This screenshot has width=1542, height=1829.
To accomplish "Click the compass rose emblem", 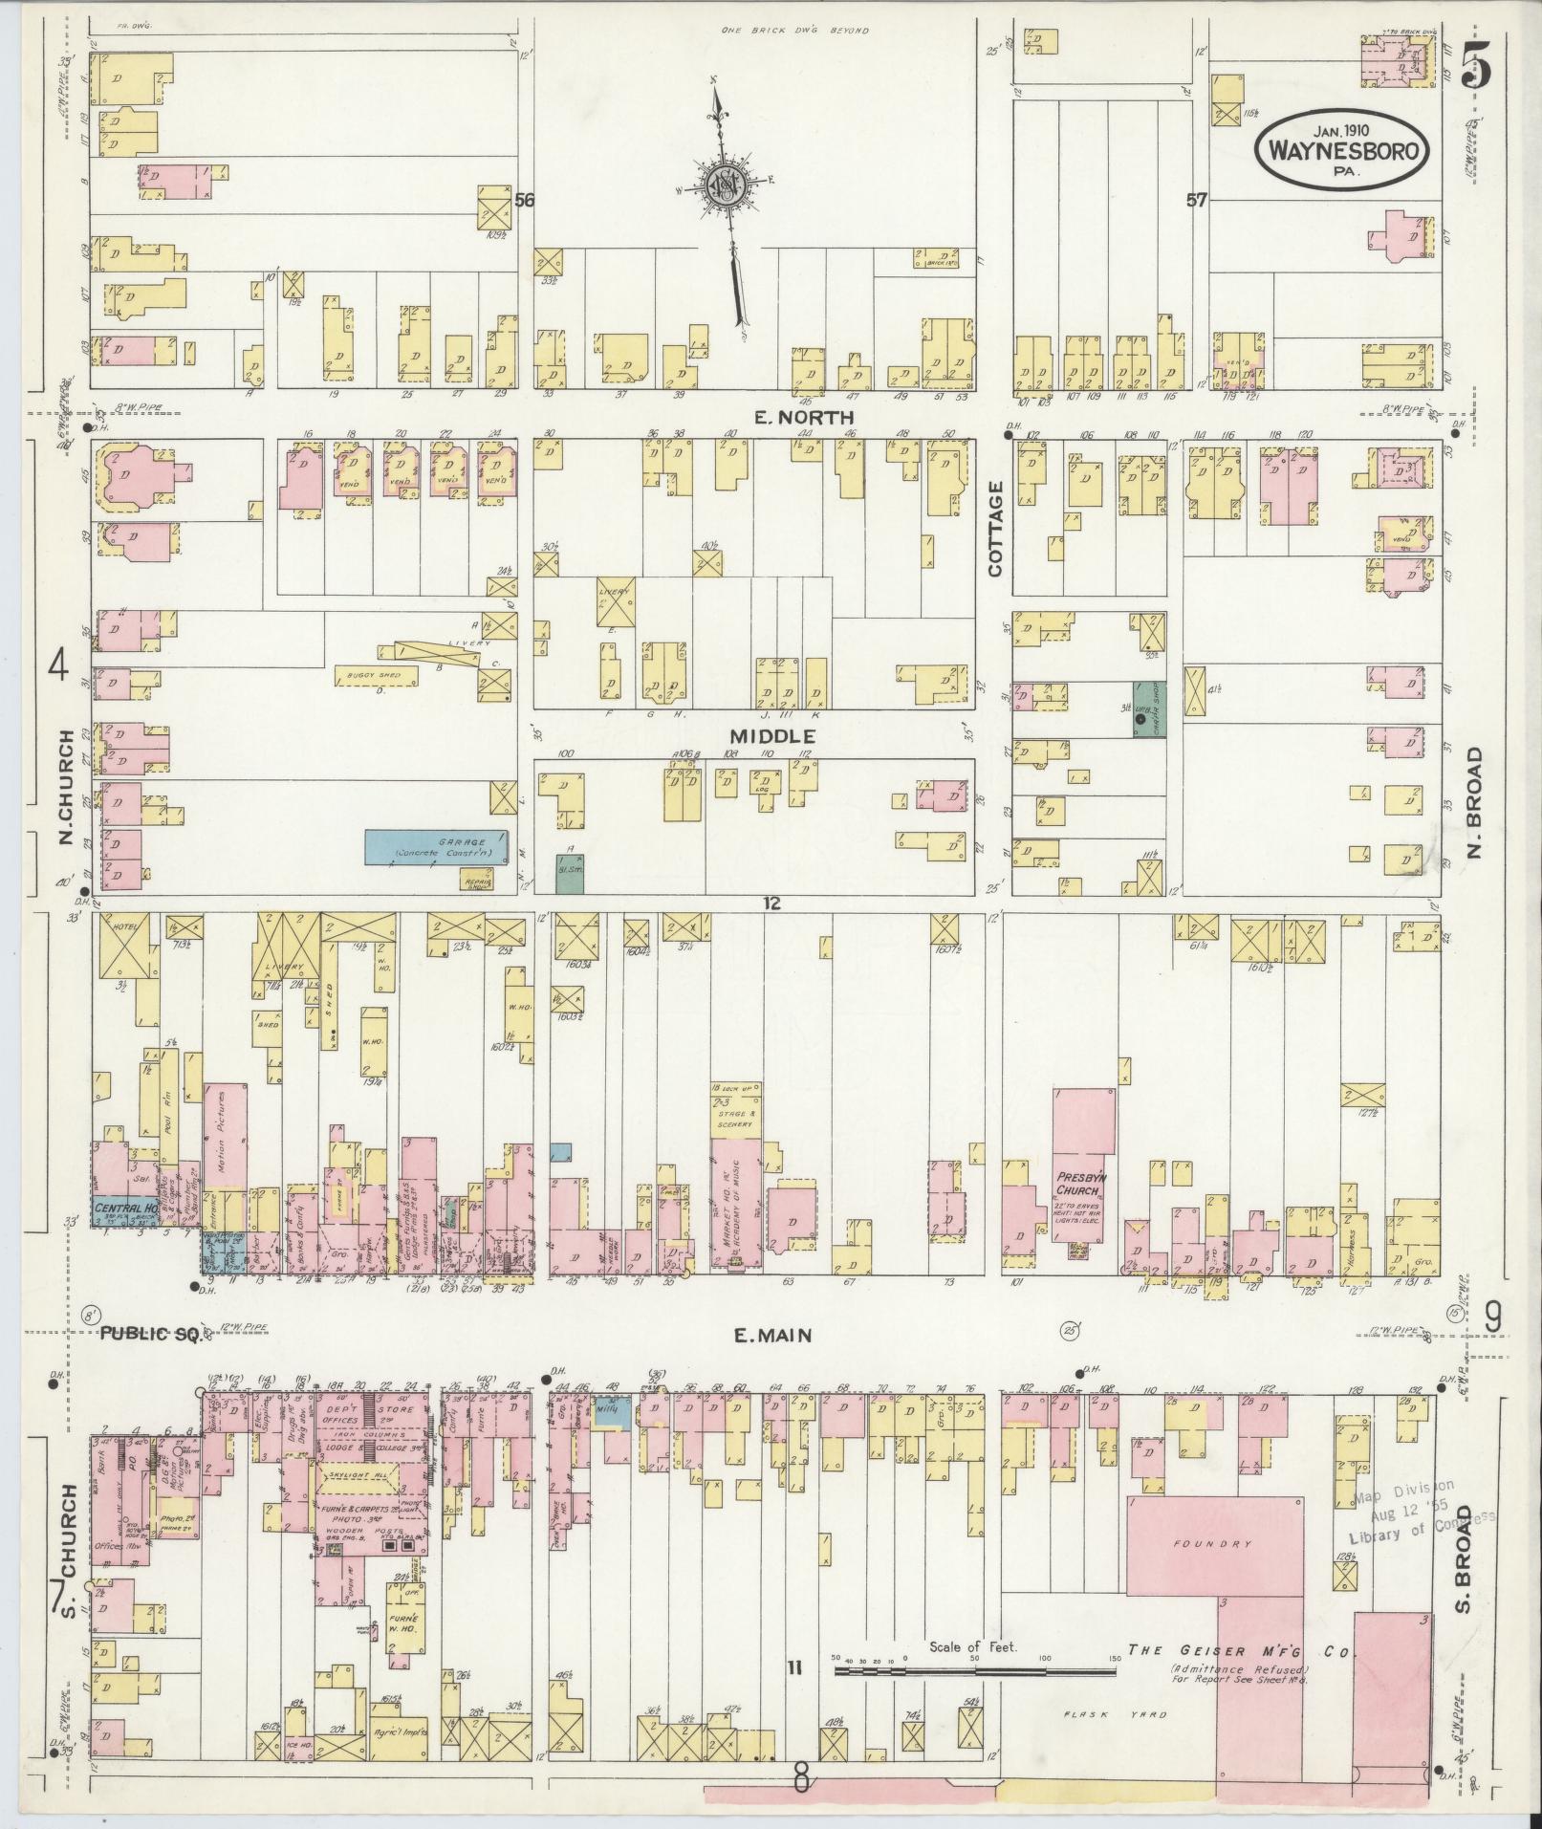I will point(727,185).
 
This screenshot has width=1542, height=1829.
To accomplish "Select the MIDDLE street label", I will point(772,736).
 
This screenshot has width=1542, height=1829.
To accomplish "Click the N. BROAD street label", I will point(1474,803).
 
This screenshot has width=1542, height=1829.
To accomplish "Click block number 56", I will point(523,201).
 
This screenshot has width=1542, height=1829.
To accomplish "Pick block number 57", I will point(1196,201).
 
